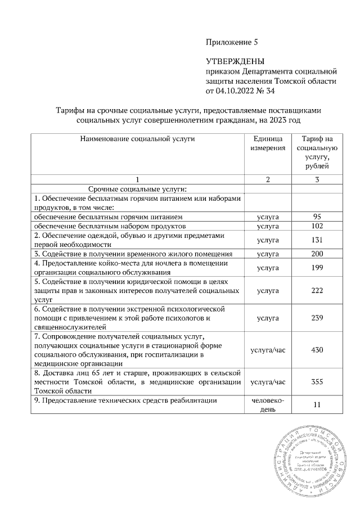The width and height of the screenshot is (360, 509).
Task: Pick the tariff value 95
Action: (317, 217)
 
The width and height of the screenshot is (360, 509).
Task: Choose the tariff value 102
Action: (317, 226)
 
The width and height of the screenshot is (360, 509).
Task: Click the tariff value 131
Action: (317, 240)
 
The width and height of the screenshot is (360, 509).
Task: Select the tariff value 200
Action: (317, 254)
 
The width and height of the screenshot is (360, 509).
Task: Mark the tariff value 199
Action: (317, 268)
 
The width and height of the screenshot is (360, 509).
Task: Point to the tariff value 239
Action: (317, 318)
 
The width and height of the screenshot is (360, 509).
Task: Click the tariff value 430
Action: (317, 350)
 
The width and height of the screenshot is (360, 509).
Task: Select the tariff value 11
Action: (317, 405)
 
